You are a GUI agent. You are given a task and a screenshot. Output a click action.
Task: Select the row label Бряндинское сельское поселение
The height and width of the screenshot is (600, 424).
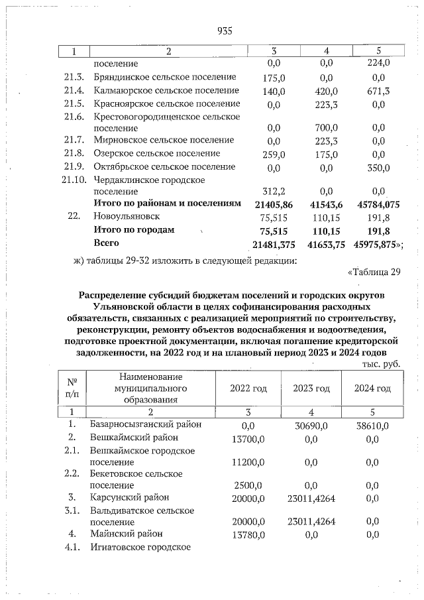coord(165,77)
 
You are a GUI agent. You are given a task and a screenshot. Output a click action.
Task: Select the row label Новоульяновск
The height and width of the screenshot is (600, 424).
coord(127,217)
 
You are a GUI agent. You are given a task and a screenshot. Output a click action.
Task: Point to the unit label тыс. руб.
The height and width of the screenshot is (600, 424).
coord(382,364)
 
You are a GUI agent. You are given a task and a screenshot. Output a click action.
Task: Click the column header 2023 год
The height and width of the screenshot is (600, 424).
coord(311,389)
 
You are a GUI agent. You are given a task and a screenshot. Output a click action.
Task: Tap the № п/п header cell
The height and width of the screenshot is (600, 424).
coord(73,388)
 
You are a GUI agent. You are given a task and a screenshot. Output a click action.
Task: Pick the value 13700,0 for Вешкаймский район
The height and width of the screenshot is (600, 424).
coord(248,438)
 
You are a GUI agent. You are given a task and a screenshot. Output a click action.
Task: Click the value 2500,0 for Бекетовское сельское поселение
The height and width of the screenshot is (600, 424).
coord(248,485)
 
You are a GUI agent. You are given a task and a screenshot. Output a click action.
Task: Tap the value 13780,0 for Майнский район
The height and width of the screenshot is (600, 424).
coord(248,534)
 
